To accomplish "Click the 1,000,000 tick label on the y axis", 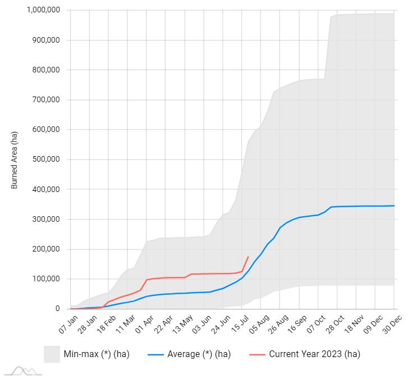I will click(x=43, y=11).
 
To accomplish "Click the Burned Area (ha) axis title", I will click(x=15, y=160).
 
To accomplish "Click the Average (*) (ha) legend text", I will click(x=199, y=354).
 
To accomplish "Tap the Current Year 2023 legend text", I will click(x=314, y=354).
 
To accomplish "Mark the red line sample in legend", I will click(x=256, y=354).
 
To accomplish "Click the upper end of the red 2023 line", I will click(x=248, y=257).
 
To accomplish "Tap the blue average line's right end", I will click(x=394, y=206).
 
